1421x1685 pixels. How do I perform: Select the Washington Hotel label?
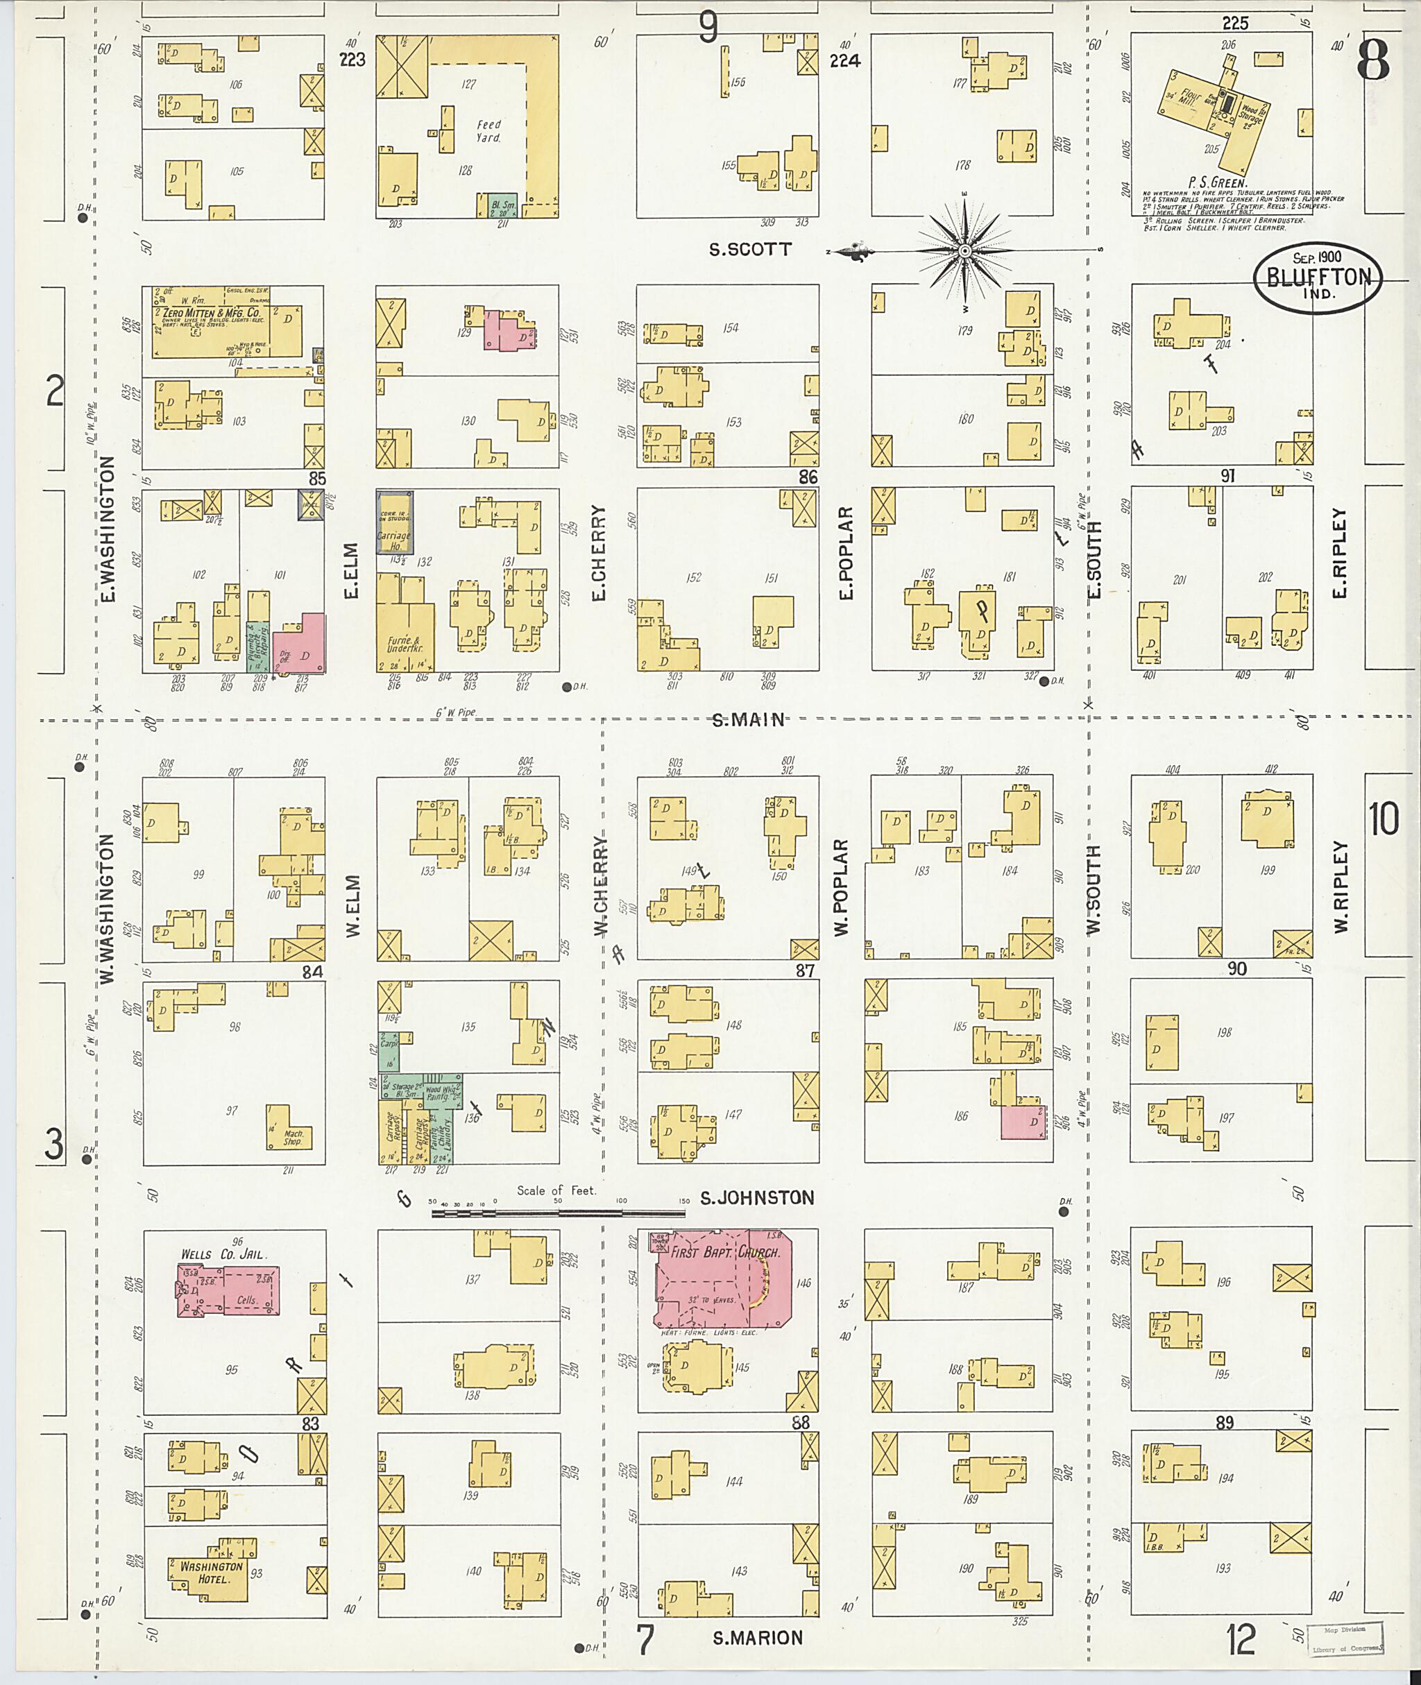pos(210,1571)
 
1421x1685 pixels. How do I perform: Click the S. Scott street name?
pos(749,250)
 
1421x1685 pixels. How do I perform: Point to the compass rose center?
pos(966,251)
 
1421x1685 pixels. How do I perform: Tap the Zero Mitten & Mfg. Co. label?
pos(211,314)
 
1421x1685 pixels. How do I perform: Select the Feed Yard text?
pos(488,130)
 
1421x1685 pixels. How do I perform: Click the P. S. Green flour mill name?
pos(1217,183)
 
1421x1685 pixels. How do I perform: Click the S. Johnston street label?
pos(756,1198)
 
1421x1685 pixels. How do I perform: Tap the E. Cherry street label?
pos(597,553)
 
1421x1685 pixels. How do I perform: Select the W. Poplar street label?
pos(842,887)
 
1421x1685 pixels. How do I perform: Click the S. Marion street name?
pos(757,1637)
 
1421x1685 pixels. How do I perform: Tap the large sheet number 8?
pos(1372,60)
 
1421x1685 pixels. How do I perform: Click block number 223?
pos(352,60)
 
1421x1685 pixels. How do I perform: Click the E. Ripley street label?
pos(1339,553)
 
